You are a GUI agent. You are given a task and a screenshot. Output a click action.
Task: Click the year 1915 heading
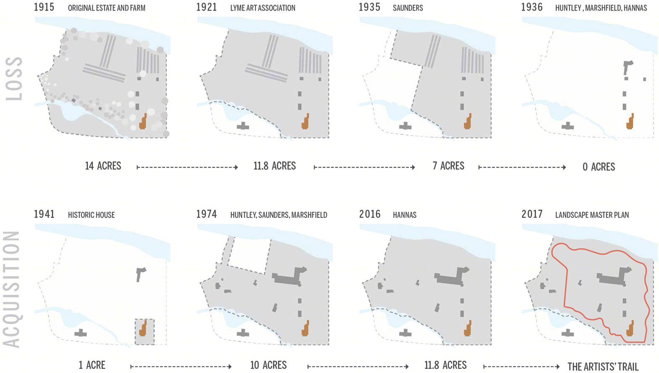pos(44,7)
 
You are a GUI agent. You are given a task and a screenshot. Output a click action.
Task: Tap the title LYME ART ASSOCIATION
pos(263,8)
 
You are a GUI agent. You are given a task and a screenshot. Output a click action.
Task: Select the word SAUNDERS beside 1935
pos(408,8)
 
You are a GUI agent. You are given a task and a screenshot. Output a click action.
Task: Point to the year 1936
pos(532,7)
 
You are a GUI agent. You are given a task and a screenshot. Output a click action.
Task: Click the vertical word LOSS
pos(14,79)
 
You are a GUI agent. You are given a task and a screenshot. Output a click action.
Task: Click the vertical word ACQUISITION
pos(11,289)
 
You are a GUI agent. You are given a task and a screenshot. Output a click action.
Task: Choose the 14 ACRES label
pos(103,166)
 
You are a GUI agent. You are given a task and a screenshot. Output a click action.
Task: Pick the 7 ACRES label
pos(448,166)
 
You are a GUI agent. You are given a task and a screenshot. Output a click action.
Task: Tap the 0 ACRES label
pos(598,167)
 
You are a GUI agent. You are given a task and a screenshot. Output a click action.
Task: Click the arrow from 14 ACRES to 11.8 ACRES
pos(187,167)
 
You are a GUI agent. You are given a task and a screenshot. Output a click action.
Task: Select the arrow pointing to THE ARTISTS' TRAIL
pos(521,367)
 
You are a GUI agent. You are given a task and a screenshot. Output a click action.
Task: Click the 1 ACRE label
pos(92,365)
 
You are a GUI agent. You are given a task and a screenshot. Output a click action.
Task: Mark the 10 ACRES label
pos(268,365)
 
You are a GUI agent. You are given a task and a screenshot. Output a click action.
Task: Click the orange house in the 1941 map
pos(143,328)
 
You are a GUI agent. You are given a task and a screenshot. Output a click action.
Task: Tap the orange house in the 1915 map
pos(143,121)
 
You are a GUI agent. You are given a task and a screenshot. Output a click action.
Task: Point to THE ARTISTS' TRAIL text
pos(603,367)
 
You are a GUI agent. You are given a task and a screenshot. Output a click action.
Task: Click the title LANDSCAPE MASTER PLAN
pos(592,215)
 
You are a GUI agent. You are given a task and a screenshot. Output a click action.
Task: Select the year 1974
pos(206,214)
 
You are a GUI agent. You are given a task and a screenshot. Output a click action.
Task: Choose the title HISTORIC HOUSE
pos(91,215)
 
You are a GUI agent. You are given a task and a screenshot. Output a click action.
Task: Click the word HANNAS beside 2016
pos(404,215)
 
